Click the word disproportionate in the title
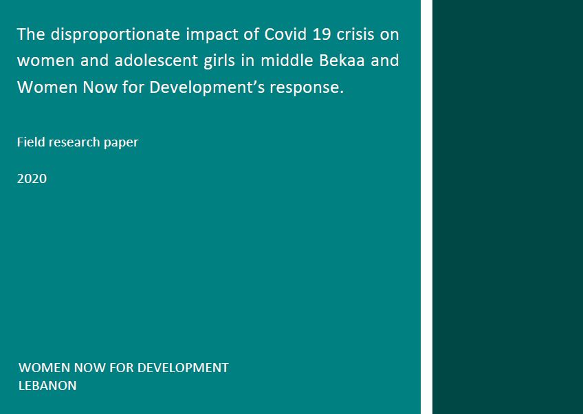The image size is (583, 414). click(x=115, y=34)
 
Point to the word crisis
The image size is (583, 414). click(x=355, y=34)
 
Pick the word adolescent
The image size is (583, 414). click(x=156, y=61)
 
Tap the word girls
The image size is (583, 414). click(x=219, y=61)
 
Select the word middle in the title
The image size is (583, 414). click(x=287, y=61)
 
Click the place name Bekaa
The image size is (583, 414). click(x=342, y=61)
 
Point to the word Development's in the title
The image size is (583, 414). click(x=207, y=88)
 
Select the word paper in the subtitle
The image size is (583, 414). click(x=121, y=143)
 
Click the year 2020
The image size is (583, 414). click(x=32, y=179)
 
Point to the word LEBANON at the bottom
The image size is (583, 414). click(x=47, y=385)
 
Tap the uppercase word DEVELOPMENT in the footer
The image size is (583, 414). click(x=183, y=367)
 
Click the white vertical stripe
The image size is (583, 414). click(x=426, y=207)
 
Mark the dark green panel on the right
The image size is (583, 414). click(x=507, y=207)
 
